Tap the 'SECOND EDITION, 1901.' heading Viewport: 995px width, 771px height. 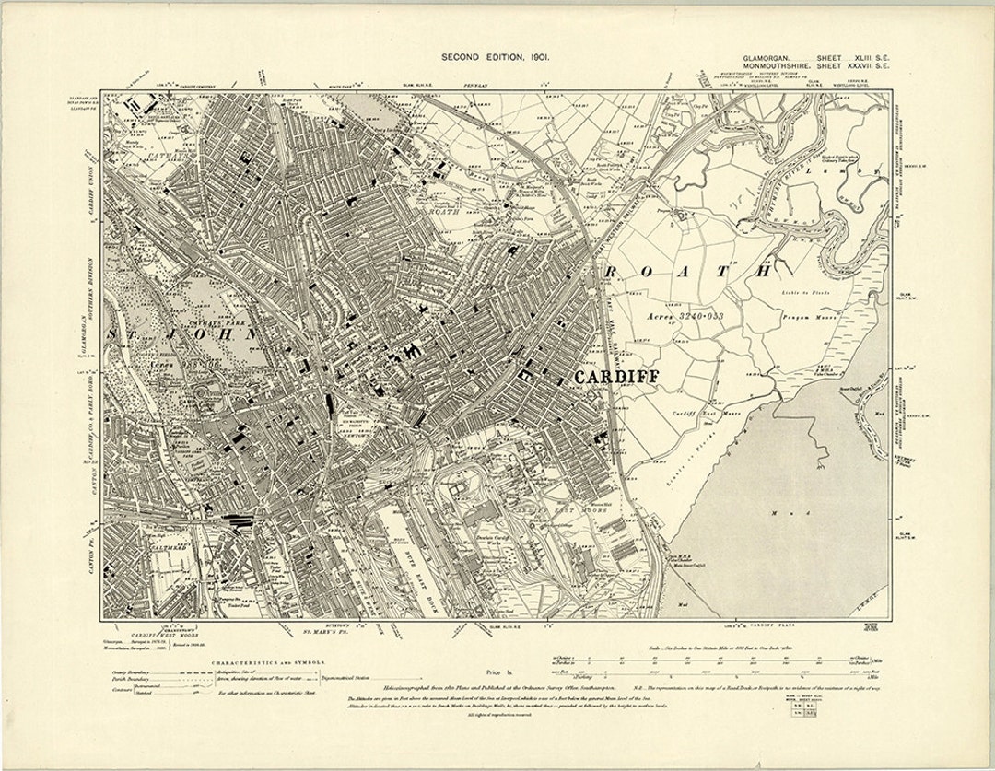496,57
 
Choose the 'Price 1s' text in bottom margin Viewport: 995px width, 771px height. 497,673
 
